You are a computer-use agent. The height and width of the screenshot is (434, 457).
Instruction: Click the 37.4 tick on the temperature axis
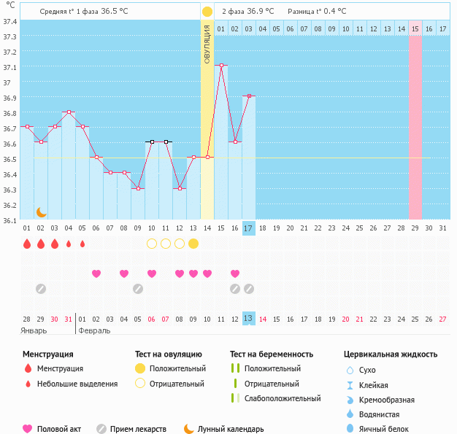click(x=9, y=21)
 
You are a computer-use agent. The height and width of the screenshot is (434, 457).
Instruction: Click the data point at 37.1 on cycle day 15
click(x=221, y=66)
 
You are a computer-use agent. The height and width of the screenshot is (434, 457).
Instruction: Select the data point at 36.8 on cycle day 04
click(x=69, y=112)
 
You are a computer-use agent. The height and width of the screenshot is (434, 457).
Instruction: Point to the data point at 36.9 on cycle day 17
click(x=249, y=96)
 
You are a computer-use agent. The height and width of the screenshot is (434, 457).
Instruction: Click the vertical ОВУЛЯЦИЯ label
click(x=207, y=44)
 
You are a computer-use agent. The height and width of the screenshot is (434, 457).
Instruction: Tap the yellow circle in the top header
click(x=207, y=12)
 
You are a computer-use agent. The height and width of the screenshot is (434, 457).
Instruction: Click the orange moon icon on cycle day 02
click(x=42, y=212)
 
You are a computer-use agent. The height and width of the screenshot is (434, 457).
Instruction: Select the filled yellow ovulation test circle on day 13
click(x=193, y=244)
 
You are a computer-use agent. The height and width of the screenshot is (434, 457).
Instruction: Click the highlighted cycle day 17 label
click(x=249, y=228)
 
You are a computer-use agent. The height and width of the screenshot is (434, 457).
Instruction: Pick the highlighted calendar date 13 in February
click(x=249, y=319)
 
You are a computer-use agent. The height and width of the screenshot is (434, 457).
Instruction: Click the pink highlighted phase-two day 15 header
click(x=415, y=28)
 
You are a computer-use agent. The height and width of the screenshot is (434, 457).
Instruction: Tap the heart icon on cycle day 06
click(x=96, y=274)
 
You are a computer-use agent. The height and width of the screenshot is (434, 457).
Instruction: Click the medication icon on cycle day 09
click(x=138, y=289)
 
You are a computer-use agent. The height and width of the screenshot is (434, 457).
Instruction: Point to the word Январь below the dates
click(x=34, y=330)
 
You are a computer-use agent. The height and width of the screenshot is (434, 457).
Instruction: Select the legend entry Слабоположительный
click(x=283, y=398)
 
